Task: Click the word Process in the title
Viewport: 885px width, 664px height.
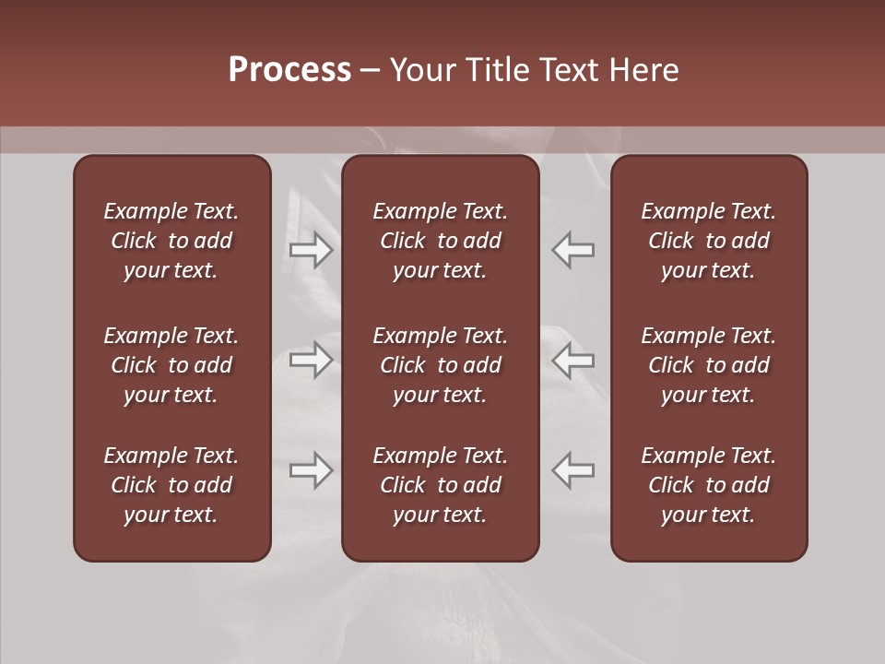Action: (x=289, y=70)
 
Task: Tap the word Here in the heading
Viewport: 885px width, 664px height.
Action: (x=643, y=70)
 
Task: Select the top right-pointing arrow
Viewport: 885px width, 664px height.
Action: (x=312, y=249)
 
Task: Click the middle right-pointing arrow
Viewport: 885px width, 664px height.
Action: (x=312, y=361)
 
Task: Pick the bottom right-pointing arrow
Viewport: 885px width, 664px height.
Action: (x=312, y=470)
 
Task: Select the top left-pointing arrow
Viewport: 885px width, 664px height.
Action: (x=573, y=249)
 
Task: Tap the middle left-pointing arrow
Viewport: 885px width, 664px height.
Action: (x=573, y=361)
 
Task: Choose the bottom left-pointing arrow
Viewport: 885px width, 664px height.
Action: (x=573, y=470)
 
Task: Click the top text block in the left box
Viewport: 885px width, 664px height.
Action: (x=171, y=241)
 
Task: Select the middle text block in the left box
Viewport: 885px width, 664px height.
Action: (x=171, y=365)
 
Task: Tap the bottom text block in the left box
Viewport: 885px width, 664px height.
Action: (x=171, y=485)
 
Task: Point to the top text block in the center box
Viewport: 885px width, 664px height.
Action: (x=441, y=241)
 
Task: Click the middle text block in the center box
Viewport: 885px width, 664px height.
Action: (x=441, y=365)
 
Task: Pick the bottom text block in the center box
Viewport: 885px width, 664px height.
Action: (x=441, y=485)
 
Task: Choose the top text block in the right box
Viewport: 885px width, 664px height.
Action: (x=709, y=241)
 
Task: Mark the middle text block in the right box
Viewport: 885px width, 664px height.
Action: (x=709, y=365)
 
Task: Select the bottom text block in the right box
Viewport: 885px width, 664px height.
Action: (x=709, y=485)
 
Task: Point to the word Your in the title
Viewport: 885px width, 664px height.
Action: (x=419, y=70)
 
